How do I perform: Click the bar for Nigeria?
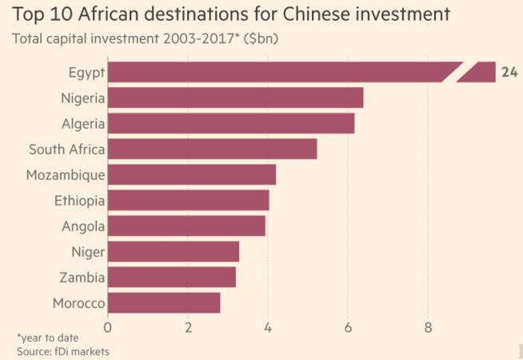pos(235,98)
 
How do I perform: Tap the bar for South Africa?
pos(212,149)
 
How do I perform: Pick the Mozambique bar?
pos(191,174)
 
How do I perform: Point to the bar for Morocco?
pos(163,303)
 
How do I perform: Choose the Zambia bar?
pos(171,278)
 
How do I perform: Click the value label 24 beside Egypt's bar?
pos(509,72)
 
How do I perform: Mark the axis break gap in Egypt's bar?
pos(465,72)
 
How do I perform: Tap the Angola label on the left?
pos(83,226)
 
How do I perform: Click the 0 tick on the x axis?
pos(108,326)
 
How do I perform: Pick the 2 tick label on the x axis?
pos(188,326)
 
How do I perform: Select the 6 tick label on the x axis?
pos(348,326)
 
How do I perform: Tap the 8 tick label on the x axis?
pos(428,326)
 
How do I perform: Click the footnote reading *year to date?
pos(47,338)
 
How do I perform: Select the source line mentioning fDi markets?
pos(62,351)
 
